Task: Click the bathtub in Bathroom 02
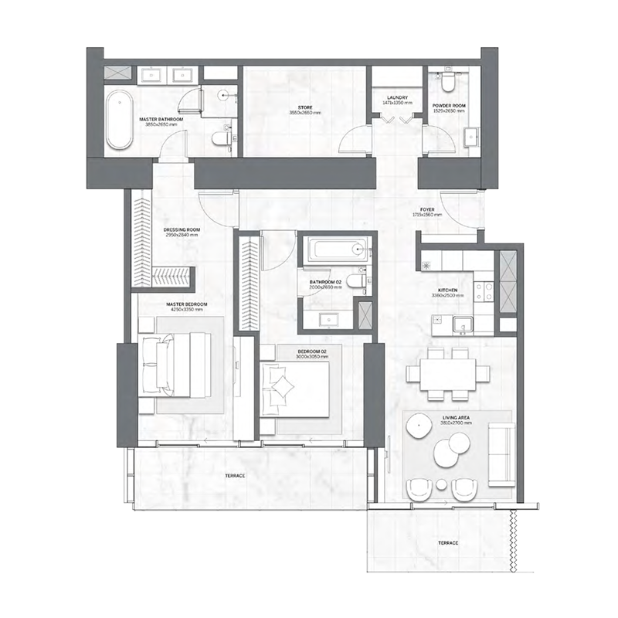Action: (x=333, y=250)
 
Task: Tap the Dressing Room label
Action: (x=182, y=231)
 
